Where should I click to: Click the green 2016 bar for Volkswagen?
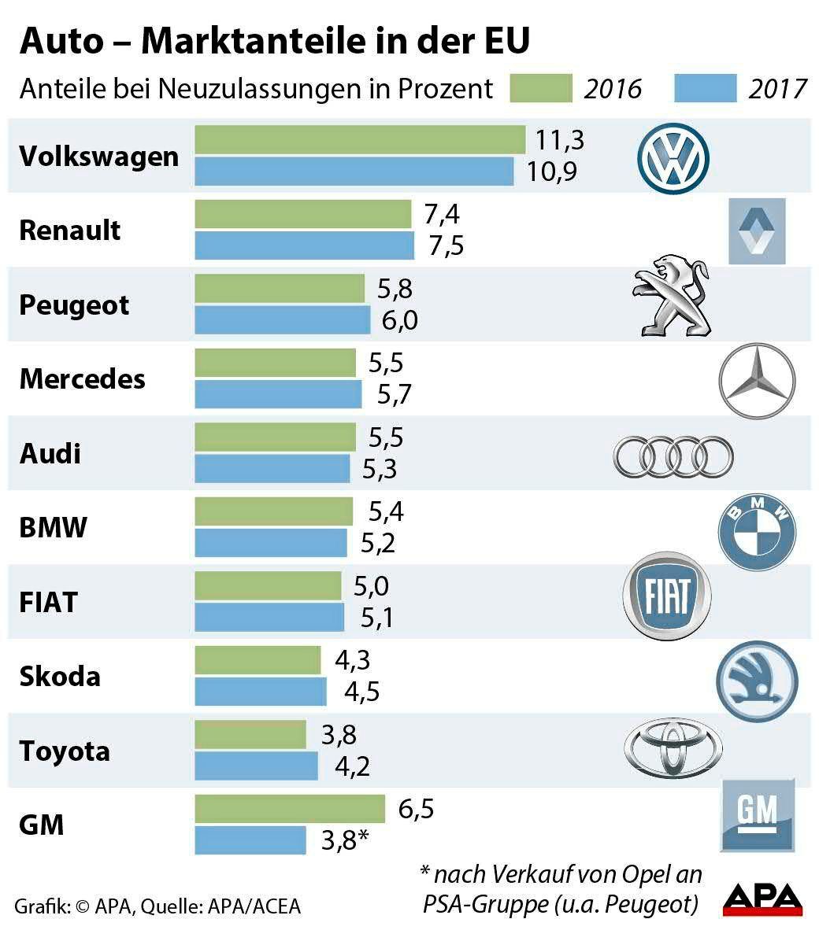(x=359, y=140)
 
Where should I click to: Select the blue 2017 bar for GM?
(x=250, y=840)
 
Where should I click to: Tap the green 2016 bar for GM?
(x=289, y=809)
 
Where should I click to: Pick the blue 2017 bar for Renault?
(x=304, y=245)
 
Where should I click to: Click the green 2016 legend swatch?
(x=540, y=88)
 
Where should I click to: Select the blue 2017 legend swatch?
(x=705, y=88)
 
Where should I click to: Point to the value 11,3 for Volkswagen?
(x=560, y=140)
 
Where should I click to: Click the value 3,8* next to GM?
(x=344, y=840)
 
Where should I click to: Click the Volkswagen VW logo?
(x=673, y=159)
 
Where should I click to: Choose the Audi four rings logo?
(x=673, y=456)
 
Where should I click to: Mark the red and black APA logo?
(x=762, y=898)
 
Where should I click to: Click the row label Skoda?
(x=60, y=677)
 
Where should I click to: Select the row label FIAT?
(x=48, y=603)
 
